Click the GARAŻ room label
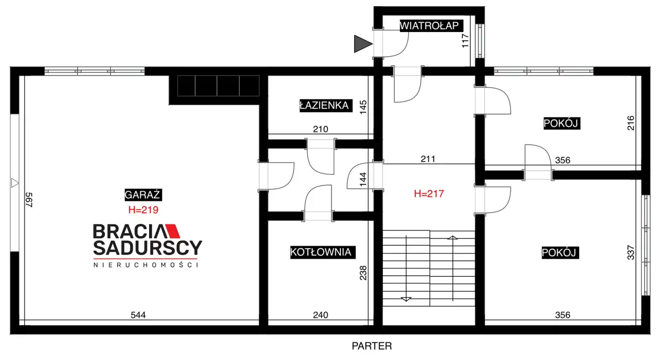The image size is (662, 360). (x=143, y=195)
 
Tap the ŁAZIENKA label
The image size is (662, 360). (x=326, y=106)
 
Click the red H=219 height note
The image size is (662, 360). (x=143, y=210)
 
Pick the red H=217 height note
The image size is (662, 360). (x=429, y=193)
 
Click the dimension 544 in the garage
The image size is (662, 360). (x=138, y=315)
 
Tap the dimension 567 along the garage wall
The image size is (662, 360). (x=28, y=200)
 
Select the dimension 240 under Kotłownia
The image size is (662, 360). (x=321, y=315)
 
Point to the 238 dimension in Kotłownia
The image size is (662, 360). (x=363, y=273)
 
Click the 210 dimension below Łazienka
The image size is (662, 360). (x=321, y=129)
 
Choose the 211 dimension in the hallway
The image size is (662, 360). (x=428, y=159)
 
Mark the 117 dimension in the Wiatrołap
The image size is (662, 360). (x=465, y=41)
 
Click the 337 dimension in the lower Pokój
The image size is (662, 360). (x=630, y=252)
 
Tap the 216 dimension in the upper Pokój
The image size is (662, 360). (x=630, y=123)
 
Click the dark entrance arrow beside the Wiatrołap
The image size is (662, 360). (x=363, y=44)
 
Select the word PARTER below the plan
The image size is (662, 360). (x=372, y=346)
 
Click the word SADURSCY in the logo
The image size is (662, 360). (x=148, y=248)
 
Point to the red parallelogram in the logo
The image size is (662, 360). (x=173, y=231)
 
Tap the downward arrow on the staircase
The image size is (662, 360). (x=406, y=299)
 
